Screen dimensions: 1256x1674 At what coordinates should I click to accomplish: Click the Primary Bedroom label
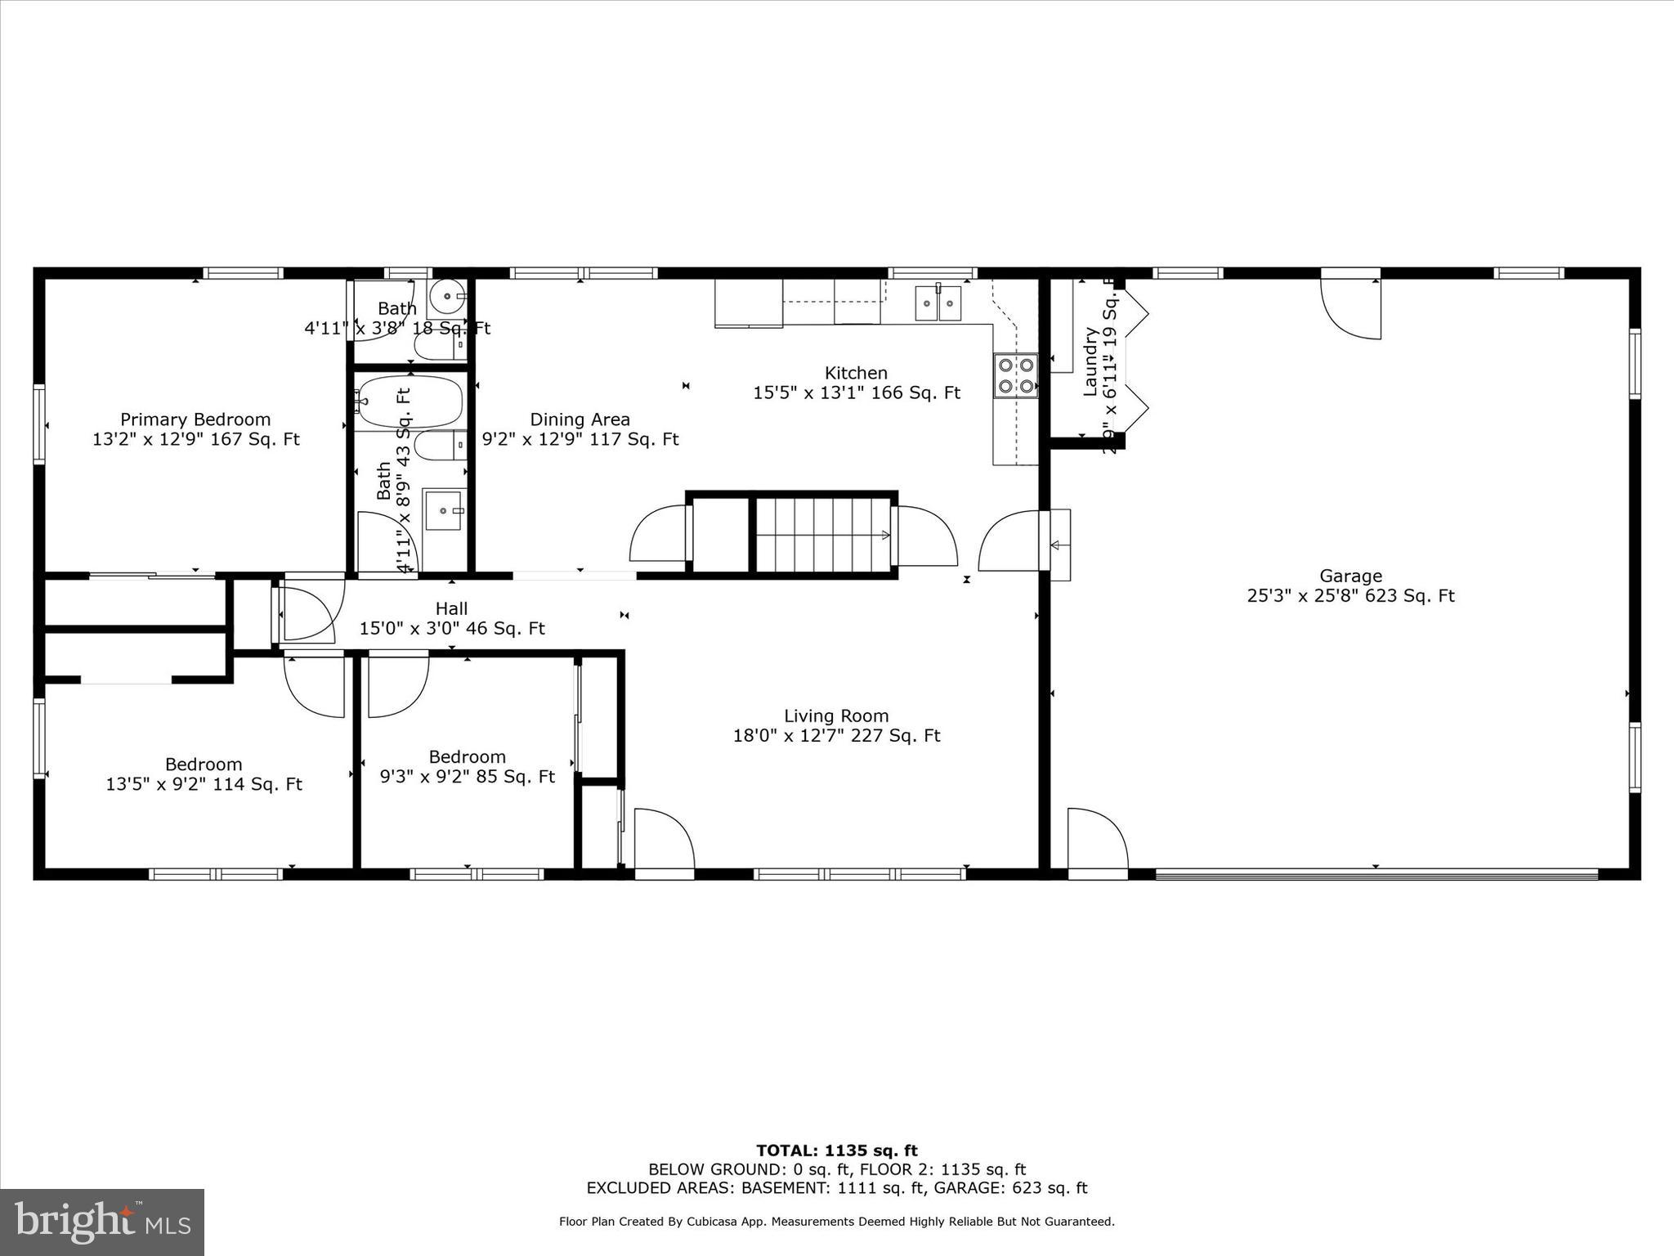(x=195, y=420)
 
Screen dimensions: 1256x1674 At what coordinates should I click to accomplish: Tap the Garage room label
(x=1350, y=576)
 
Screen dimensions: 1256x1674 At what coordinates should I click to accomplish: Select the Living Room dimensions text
(x=836, y=736)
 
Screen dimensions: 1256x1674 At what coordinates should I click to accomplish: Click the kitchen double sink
(x=938, y=304)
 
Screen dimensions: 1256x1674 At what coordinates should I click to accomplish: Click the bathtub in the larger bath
(x=410, y=401)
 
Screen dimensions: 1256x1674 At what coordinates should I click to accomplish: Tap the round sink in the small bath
(x=447, y=296)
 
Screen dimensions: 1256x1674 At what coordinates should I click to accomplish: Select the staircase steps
(x=822, y=535)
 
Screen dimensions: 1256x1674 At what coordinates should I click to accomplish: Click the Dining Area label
(x=580, y=420)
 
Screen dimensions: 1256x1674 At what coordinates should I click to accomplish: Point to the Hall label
(x=451, y=609)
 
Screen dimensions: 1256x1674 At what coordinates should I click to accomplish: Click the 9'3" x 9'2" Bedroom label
(x=467, y=757)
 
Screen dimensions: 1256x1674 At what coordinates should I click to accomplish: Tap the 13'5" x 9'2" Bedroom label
(x=204, y=765)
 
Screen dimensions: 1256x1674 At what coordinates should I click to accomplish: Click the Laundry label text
(x=1090, y=361)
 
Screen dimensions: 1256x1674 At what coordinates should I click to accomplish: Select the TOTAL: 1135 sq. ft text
(x=836, y=1151)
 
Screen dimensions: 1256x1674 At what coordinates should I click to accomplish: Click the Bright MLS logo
(x=102, y=1222)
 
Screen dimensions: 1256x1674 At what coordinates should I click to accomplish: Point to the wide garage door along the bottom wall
(x=1376, y=874)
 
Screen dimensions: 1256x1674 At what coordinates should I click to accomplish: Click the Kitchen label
(x=856, y=374)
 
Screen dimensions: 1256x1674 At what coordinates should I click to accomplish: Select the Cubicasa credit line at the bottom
(x=836, y=1222)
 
